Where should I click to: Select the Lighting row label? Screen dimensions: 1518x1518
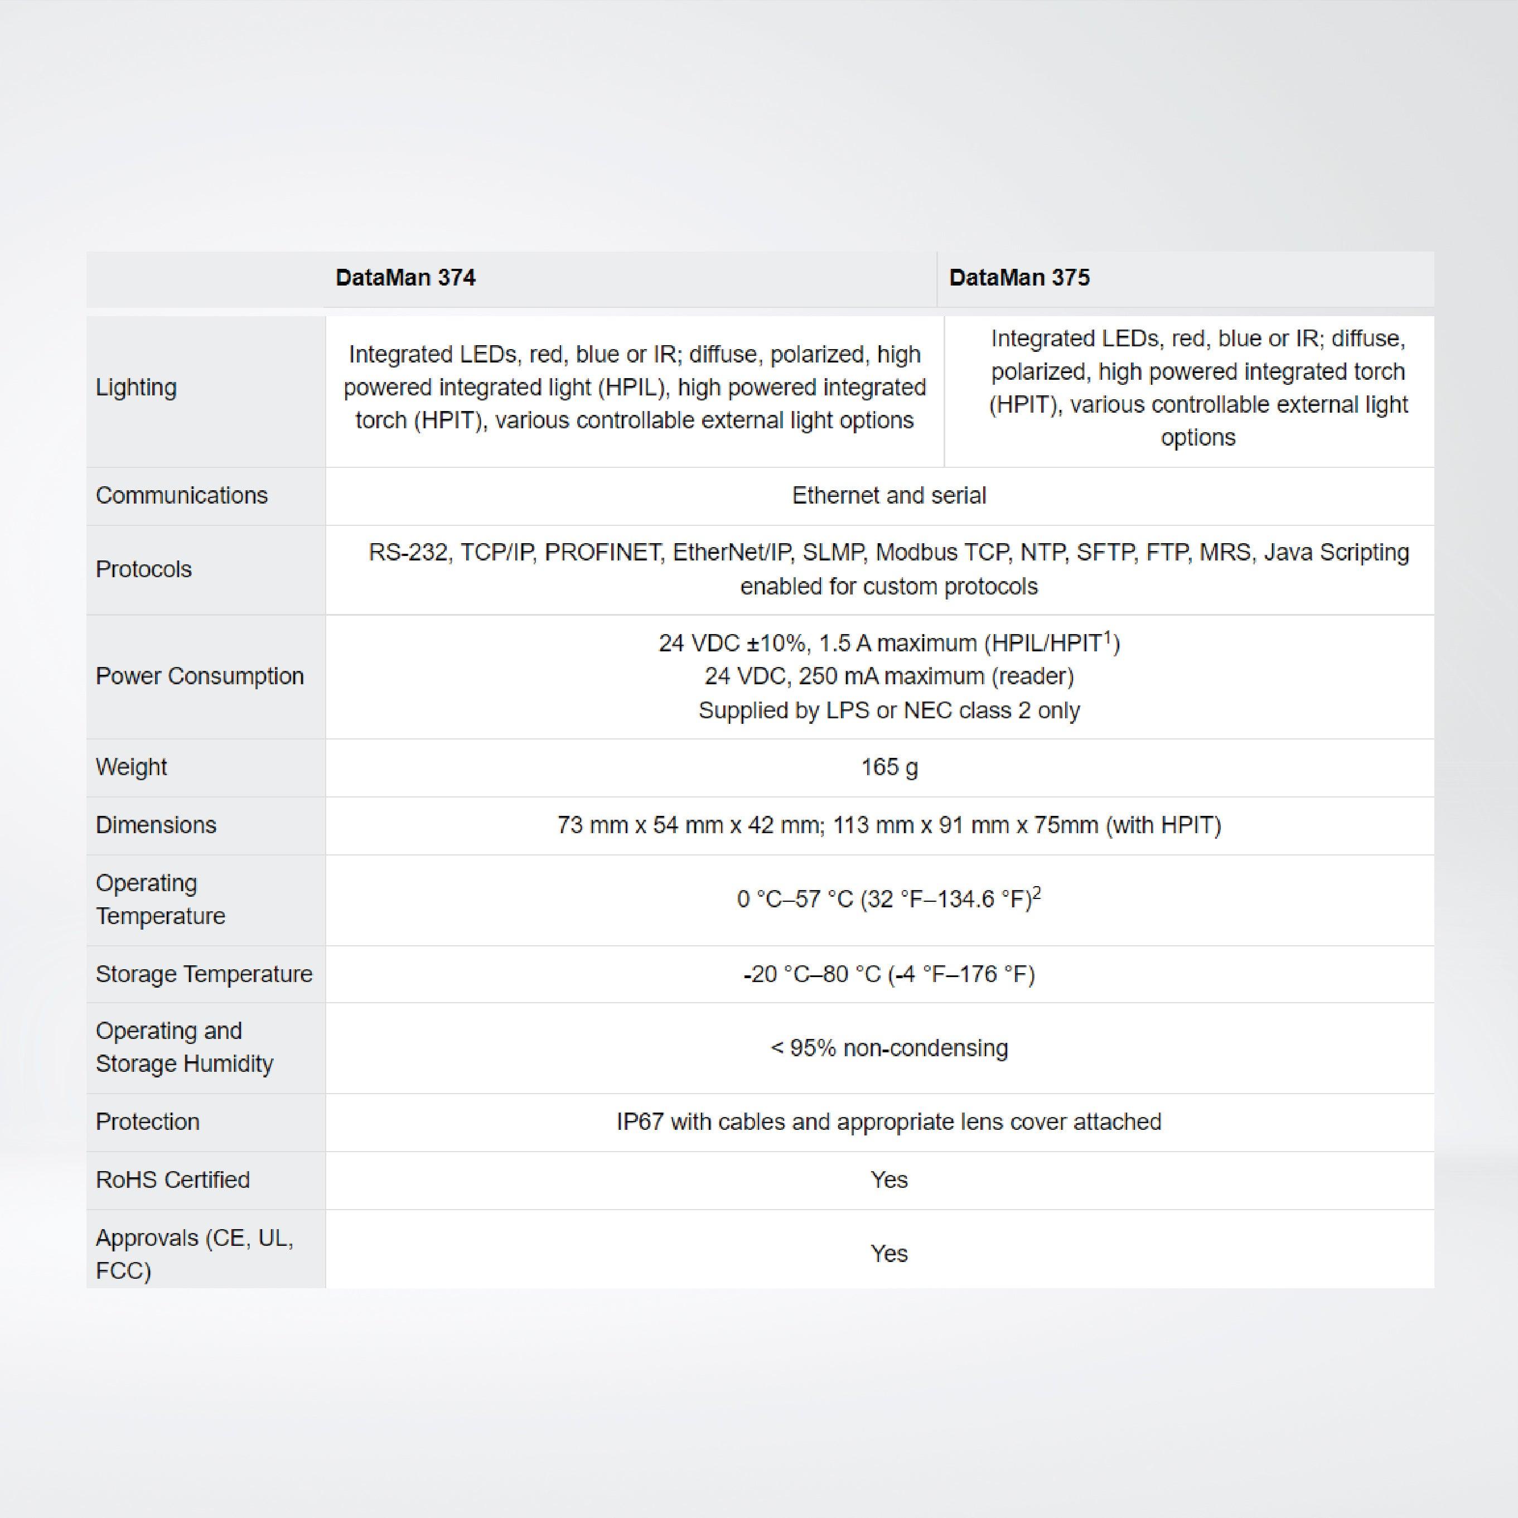point(136,388)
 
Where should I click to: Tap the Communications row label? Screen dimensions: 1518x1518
point(181,496)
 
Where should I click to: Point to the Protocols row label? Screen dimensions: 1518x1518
point(144,569)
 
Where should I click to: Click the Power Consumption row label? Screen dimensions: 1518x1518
point(200,676)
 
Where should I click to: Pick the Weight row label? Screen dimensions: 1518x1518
point(131,767)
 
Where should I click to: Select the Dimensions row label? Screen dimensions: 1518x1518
point(156,825)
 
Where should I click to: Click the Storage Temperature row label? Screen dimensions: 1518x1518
point(204,974)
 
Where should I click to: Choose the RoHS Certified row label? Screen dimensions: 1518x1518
point(173,1180)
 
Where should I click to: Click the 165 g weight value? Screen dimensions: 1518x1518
point(888,767)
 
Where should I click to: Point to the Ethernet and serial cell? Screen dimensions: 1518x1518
point(888,496)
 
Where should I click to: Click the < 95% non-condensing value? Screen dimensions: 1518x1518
point(888,1048)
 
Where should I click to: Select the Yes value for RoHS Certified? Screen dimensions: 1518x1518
point(888,1180)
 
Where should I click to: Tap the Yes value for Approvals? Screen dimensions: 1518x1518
point(888,1254)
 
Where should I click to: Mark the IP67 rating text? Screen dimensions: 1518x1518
point(640,1122)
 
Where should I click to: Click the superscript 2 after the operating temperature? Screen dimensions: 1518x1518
point(1037,893)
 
